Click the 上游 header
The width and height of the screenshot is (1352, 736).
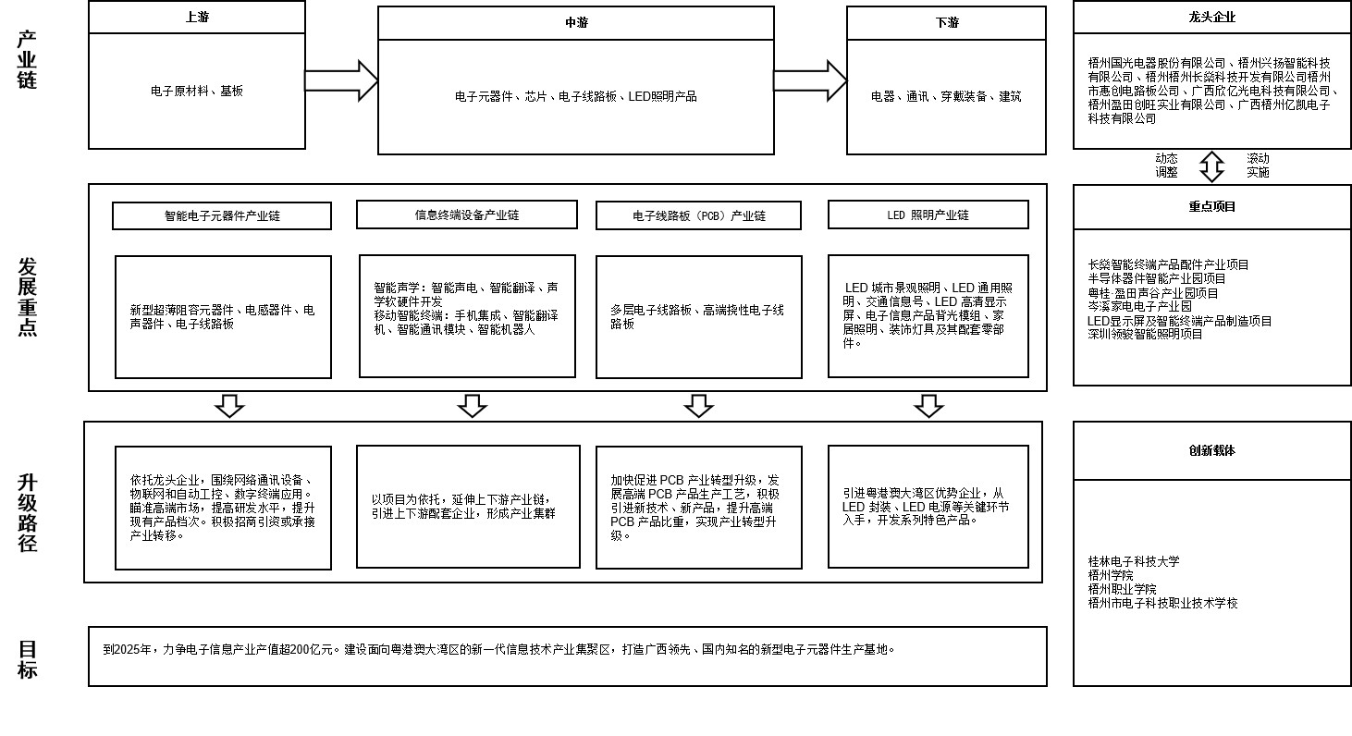tap(197, 18)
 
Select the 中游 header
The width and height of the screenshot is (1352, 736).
tap(575, 23)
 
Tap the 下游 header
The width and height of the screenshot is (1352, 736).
tap(946, 22)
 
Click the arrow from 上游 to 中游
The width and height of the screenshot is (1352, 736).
tap(341, 80)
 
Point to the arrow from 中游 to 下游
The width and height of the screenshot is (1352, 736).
tap(810, 80)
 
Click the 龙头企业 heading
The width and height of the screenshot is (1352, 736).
tap(1211, 18)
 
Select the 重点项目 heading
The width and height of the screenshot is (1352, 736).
tap(1211, 207)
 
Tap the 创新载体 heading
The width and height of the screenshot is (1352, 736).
tap(1211, 451)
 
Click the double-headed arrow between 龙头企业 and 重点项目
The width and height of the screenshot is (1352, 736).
tap(1211, 166)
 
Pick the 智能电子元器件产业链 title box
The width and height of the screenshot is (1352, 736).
tap(222, 215)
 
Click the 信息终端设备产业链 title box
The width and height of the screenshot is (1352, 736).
tap(467, 215)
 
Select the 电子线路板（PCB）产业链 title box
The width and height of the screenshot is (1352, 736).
tap(699, 215)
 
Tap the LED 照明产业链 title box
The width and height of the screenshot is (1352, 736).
tap(928, 215)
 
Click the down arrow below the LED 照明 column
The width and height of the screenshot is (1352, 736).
tap(928, 406)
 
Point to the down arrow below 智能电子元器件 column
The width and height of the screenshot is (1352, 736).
tap(229, 406)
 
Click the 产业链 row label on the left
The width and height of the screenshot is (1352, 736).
tap(28, 59)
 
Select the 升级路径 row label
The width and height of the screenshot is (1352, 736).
tap(28, 512)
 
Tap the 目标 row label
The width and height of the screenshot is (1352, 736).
tap(28, 658)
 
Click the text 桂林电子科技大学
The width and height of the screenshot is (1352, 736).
tap(1133, 561)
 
